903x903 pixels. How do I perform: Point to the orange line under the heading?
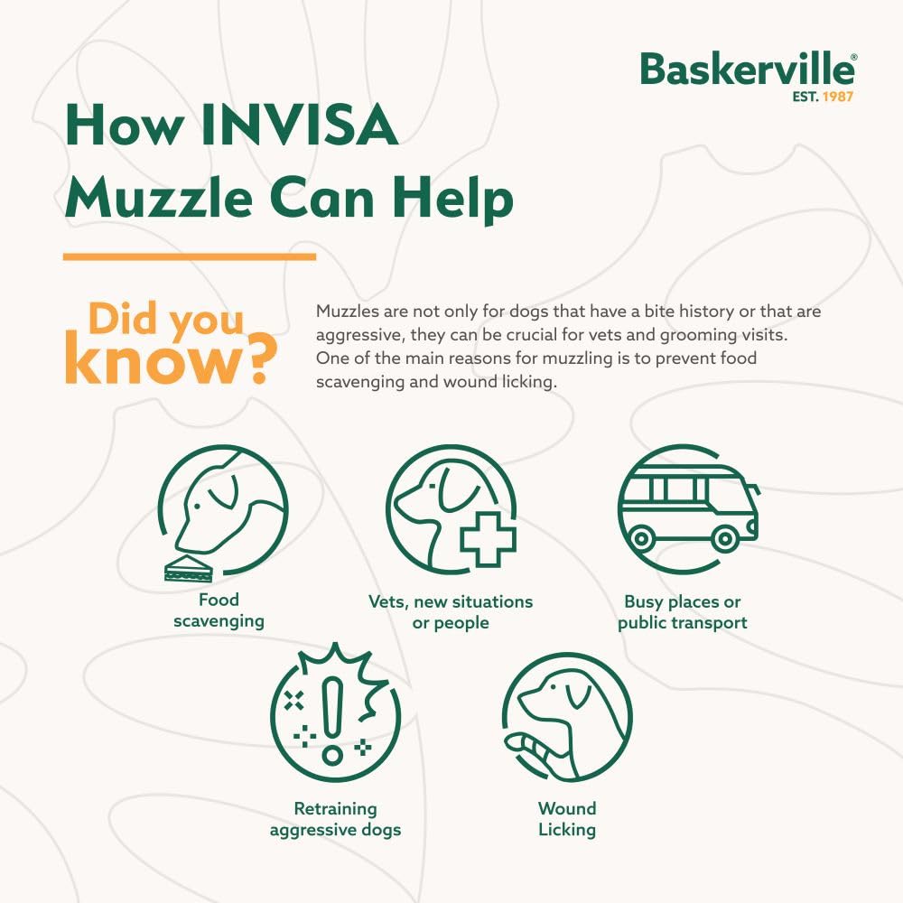190,256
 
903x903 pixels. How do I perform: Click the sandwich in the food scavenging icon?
188,568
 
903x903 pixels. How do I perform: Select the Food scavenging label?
219,610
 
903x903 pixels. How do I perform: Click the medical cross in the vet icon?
487,539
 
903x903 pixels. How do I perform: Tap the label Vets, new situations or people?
451,611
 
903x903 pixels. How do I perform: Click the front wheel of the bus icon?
724,539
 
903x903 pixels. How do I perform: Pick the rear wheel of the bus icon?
641,539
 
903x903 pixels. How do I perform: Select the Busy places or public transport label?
683,612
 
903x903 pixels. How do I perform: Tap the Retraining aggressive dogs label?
335,818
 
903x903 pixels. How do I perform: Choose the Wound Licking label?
567,818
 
